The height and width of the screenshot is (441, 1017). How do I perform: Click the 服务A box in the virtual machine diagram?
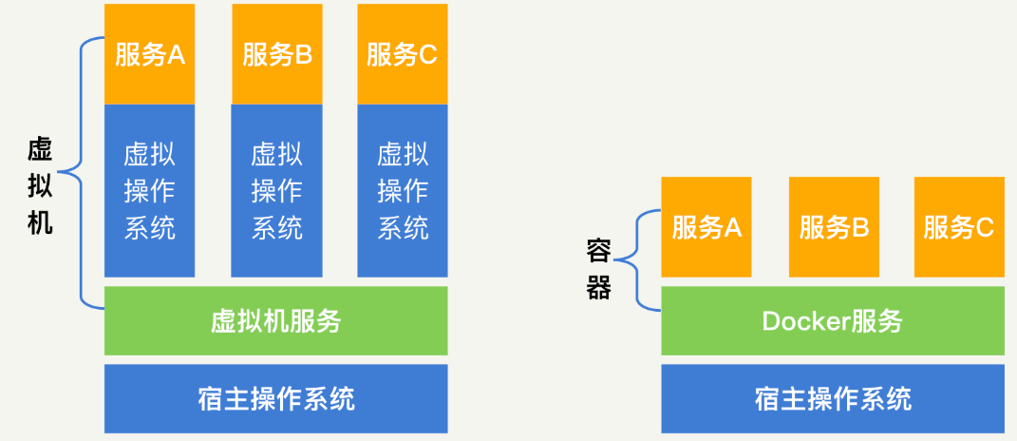click(149, 54)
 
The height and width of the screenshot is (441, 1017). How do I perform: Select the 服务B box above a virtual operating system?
click(277, 54)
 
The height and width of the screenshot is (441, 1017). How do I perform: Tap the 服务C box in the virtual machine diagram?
click(402, 54)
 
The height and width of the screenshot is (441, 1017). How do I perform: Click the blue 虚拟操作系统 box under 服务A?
click(149, 190)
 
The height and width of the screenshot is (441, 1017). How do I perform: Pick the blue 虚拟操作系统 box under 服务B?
click(277, 190)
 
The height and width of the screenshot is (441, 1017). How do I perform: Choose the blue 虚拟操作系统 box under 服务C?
click(402, 190)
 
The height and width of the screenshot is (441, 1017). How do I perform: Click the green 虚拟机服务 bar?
click(275, 321)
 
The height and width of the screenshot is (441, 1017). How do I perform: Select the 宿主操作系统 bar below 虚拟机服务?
click(275, 398)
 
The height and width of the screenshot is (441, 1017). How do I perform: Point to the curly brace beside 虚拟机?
click(81, 173)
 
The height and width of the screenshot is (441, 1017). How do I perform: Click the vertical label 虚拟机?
click(40, 186)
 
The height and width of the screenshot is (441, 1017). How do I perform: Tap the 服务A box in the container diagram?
click(706, 226)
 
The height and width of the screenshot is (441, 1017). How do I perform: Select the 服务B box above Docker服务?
click(834, 226)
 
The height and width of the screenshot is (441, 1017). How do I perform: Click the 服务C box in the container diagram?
click(959, 226)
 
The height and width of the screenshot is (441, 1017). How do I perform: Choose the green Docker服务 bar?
click(833, 321)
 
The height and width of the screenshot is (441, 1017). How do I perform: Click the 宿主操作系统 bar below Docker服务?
click(833, 398)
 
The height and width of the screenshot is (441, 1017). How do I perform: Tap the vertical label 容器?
click(598, 269)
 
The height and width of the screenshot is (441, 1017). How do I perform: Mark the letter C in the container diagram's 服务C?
click(985, 227)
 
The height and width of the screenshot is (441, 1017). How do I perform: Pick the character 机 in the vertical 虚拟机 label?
click(40, 221)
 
